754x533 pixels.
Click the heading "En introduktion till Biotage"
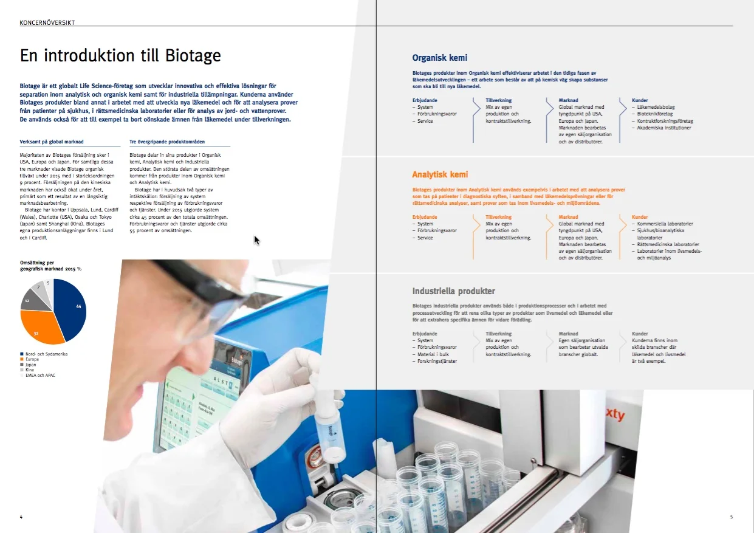pos(120,56)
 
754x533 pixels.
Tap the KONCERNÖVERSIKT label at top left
pos(47,22)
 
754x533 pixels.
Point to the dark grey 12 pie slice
pos(30,300)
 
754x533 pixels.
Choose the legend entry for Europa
pos(32,359)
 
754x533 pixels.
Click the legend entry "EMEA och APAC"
pos(40,375)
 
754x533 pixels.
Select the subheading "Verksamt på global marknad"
pos(52,142)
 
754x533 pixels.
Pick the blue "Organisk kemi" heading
pos(439,58)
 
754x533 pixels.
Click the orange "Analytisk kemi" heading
pos(440,174)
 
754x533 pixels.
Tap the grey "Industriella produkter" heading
pos(453,291)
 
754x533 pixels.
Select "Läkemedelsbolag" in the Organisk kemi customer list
pos(656,108)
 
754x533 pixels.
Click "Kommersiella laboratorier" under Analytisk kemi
pos(665,224)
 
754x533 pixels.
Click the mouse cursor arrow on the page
pos(256,239)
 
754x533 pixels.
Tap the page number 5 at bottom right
pos(731,517)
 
